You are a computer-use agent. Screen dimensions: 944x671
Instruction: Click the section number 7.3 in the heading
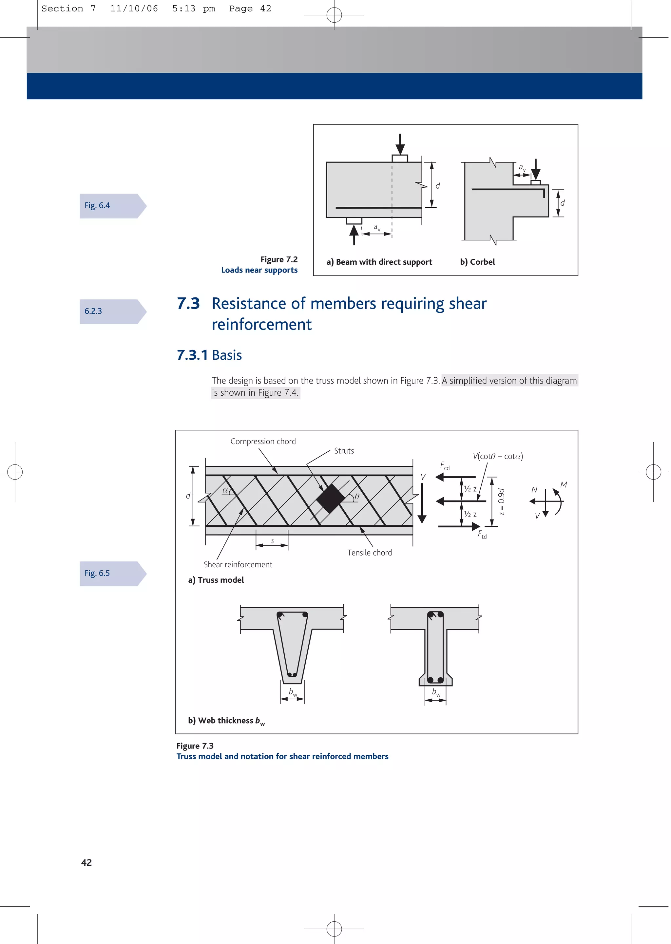tap(188, 304)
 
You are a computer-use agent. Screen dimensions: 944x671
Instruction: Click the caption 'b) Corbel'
tap(477, 262)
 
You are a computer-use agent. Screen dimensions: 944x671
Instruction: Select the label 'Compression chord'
tap(263, 442)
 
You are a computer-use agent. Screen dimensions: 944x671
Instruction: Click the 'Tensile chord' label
tap(369, 553)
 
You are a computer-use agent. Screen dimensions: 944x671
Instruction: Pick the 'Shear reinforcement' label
tap(238, 564)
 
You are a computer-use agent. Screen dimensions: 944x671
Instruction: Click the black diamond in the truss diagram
tap(331, 499)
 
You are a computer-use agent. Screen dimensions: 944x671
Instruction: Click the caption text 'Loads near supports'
tap(259, 270)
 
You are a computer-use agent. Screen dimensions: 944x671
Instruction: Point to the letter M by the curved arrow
tap(563, 485)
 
